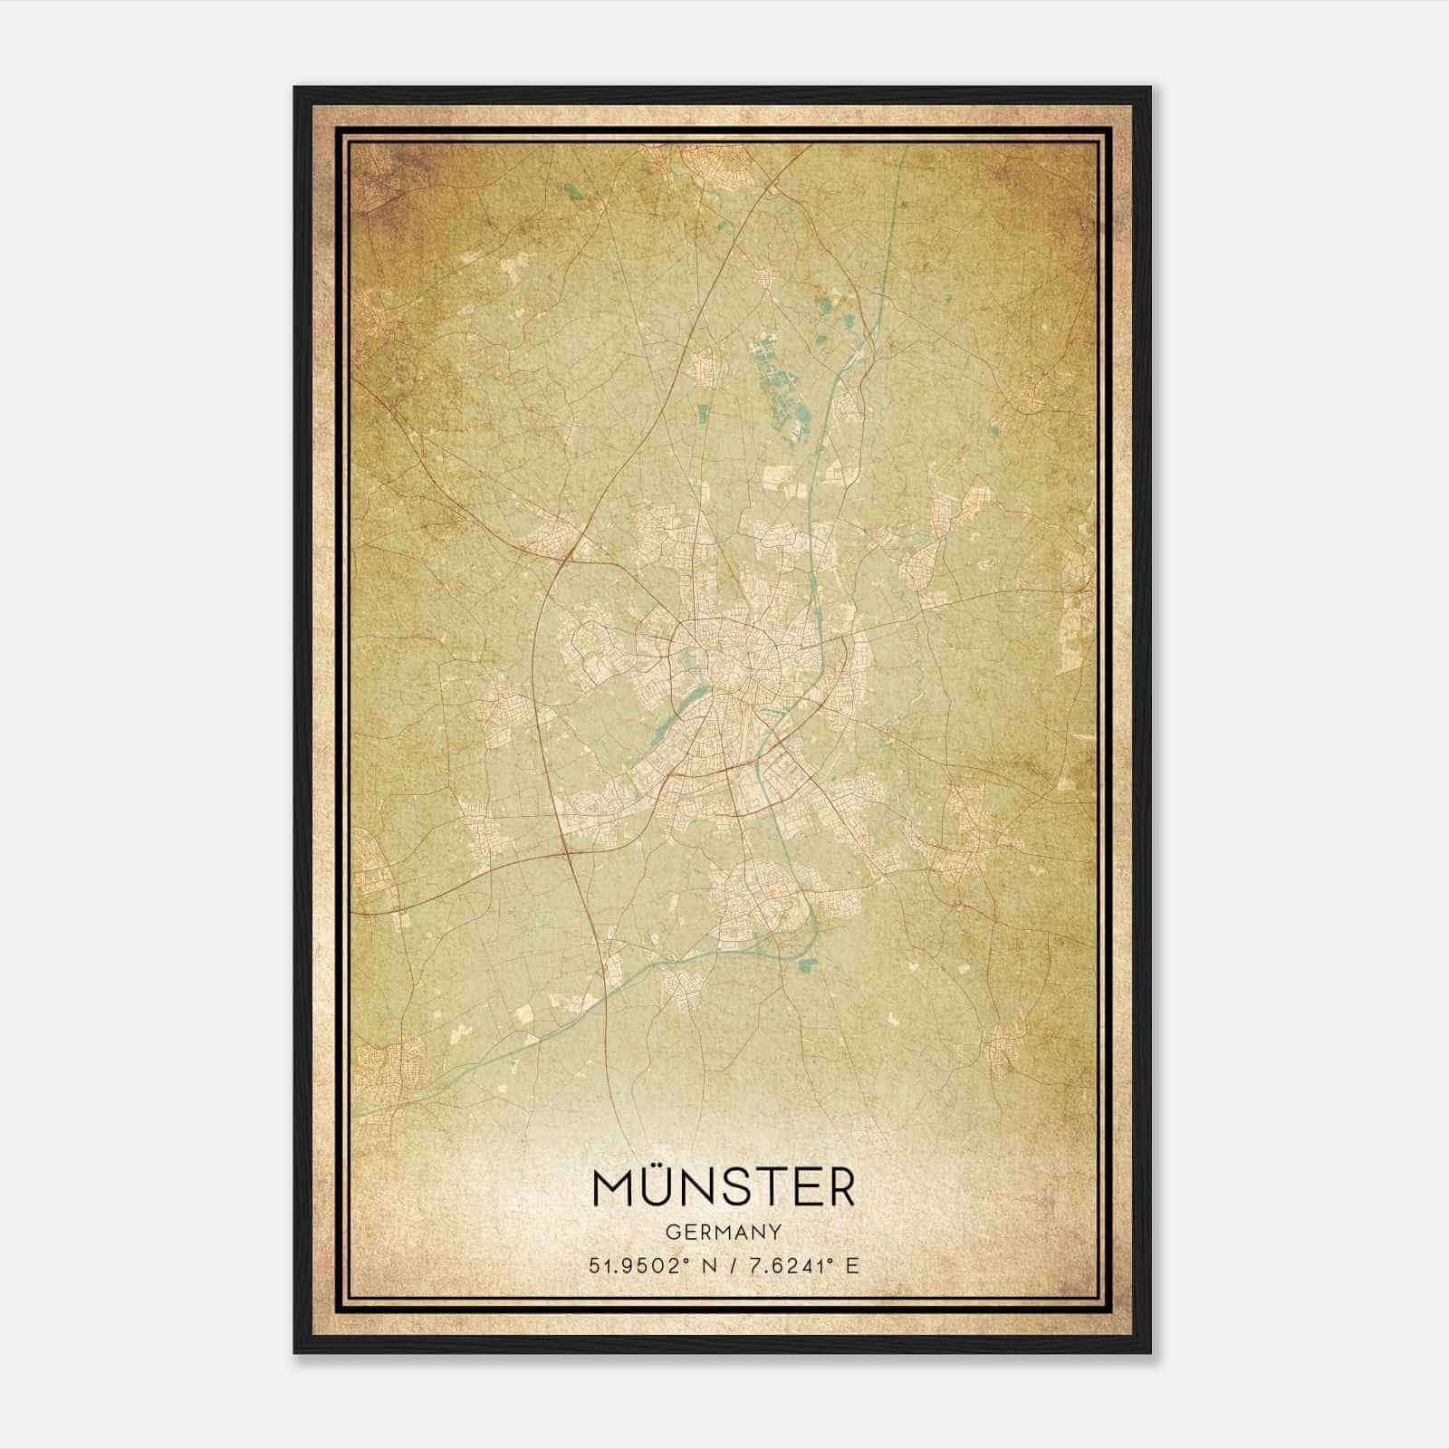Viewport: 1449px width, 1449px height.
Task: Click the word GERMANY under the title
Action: tap(723, 1233)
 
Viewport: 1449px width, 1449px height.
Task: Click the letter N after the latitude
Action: tap(696, 1266)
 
